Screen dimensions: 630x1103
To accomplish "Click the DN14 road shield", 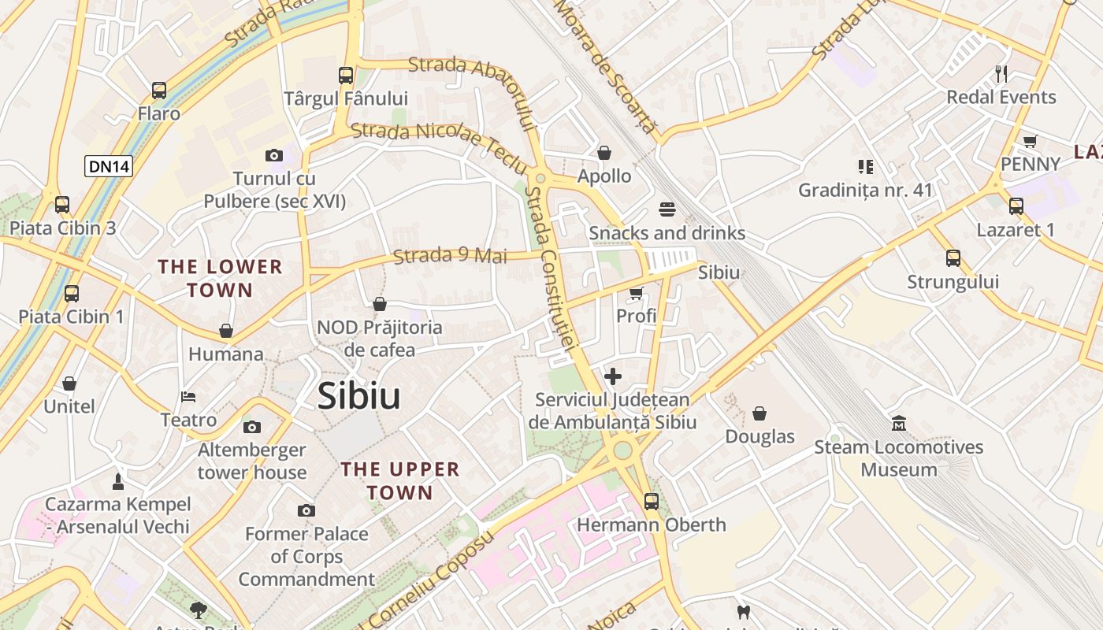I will click(109, 166).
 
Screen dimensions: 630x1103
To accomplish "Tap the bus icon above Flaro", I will click(159, 91).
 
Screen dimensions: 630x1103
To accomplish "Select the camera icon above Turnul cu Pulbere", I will click(274, 156).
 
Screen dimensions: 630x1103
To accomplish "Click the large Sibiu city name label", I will click(358, 396).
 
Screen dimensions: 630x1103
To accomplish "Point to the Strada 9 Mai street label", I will click(450, 256).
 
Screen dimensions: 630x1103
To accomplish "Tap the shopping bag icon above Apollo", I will click(604, 153).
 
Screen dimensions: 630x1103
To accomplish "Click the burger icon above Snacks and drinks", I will click(667, 209).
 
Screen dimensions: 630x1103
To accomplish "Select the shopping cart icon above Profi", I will click(636, 293).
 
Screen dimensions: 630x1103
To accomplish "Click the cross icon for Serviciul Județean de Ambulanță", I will click(613, 376).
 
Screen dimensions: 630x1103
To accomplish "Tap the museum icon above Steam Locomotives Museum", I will click(899, 424).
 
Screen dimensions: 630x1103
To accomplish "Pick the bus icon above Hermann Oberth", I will click(652, 501).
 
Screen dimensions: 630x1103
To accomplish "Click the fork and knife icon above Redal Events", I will click(1001, 74).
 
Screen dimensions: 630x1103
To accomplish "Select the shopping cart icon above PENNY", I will click(1030, 141).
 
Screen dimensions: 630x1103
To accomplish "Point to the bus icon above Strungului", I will click(953, 258).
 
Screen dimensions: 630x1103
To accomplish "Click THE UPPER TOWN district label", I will click(400, 481).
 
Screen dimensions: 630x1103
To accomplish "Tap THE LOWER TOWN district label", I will click(221, 278).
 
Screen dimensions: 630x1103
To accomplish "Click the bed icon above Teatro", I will click(188, 396).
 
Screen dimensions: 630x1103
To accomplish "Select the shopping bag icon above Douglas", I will click(759, 413).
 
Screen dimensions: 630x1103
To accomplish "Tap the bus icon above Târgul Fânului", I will click(346, 76).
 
